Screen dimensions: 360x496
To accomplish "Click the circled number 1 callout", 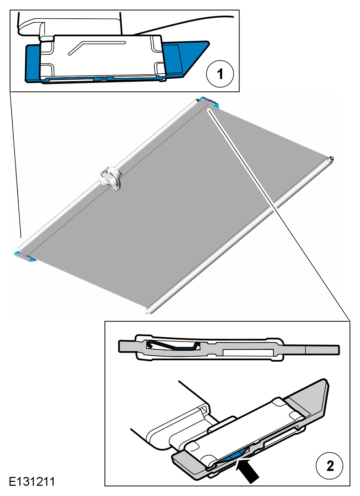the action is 220,74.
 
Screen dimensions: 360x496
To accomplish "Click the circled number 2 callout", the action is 329,466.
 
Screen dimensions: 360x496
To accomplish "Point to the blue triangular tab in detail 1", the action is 186,58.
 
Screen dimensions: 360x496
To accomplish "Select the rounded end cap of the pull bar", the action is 331,159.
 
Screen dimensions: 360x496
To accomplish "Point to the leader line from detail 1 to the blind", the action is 15,165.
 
